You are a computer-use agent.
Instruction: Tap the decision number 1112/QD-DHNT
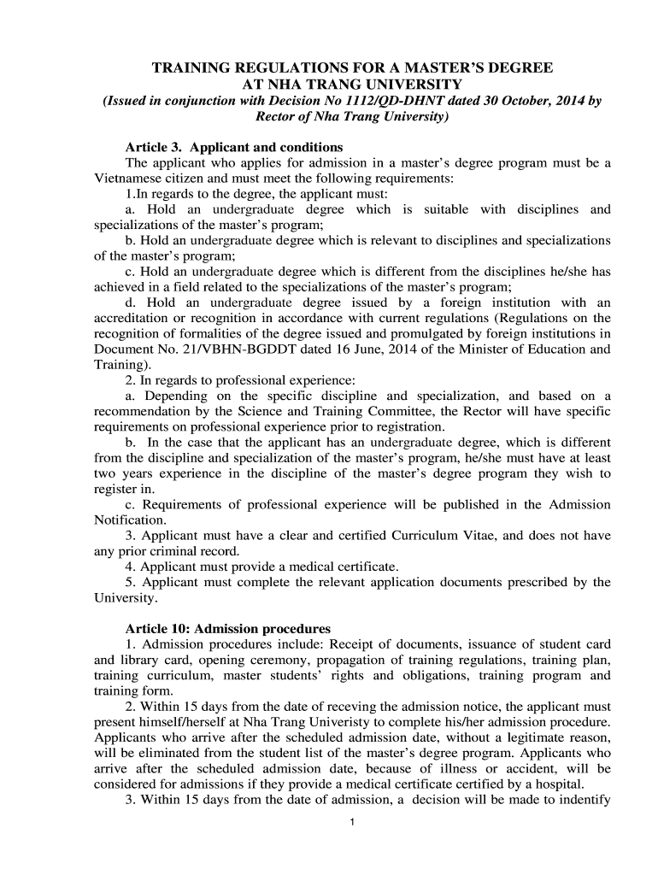pyautogui.click(x=352, y=101)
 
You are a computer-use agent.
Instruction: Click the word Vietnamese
pyautogui.click(x=130, y=179)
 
